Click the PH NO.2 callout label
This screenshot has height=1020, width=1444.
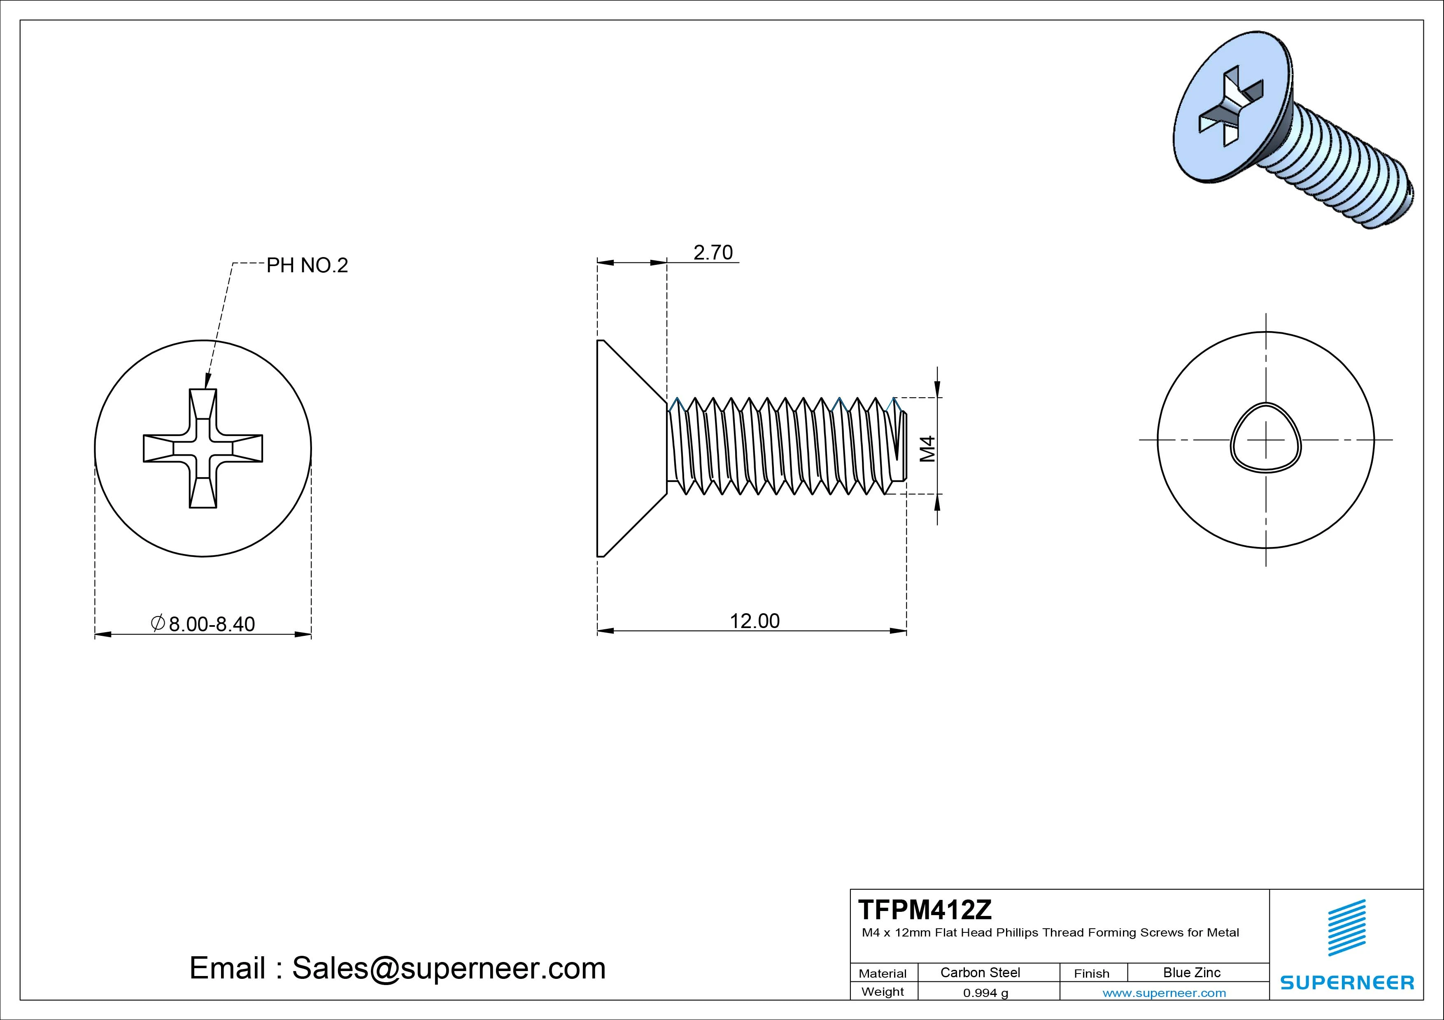tap(307, 265)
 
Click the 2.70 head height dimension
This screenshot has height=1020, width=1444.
tap(713, 253)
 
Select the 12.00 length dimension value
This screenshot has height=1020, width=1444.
tap(754, 621)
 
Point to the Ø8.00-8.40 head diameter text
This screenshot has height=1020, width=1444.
tap(203, 624)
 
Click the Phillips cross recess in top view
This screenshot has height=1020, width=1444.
tap(203, 448)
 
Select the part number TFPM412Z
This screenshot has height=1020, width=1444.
tap(925, 909)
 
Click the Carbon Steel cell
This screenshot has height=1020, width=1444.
tap(980, 972)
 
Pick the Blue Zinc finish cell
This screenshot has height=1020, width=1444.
tap(1191, 972)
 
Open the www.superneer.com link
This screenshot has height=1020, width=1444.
tap(1164, 993)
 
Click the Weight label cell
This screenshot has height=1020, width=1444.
tap(883, 992)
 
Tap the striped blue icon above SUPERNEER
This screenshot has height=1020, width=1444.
tap(1346, 927)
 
